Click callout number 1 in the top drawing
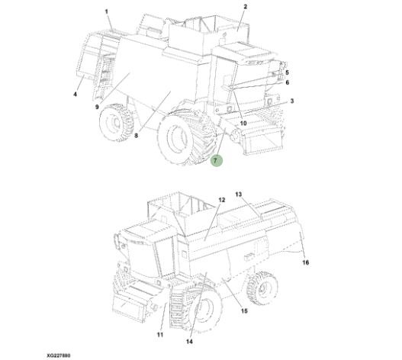coord(106,11)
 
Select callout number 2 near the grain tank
coord(245,7)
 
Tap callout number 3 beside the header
coord(292,101)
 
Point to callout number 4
coord(75,95)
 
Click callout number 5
coord(287,72)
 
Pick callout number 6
coord(287,82)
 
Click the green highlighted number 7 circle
coord(216,161)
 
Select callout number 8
coord(136,135)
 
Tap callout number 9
coord(97,107)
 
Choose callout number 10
coord(243,123)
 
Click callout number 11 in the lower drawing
coord(160,334)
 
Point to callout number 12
coord(221,200)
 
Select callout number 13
coord(239,194)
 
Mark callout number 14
coord(189,342)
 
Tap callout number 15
coord(244,310)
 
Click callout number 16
coord(306,262)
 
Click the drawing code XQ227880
coord(59,355)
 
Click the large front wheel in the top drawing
coord(188,137)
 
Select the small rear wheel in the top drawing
coord(117,122)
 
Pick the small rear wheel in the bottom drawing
coord(262,288)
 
